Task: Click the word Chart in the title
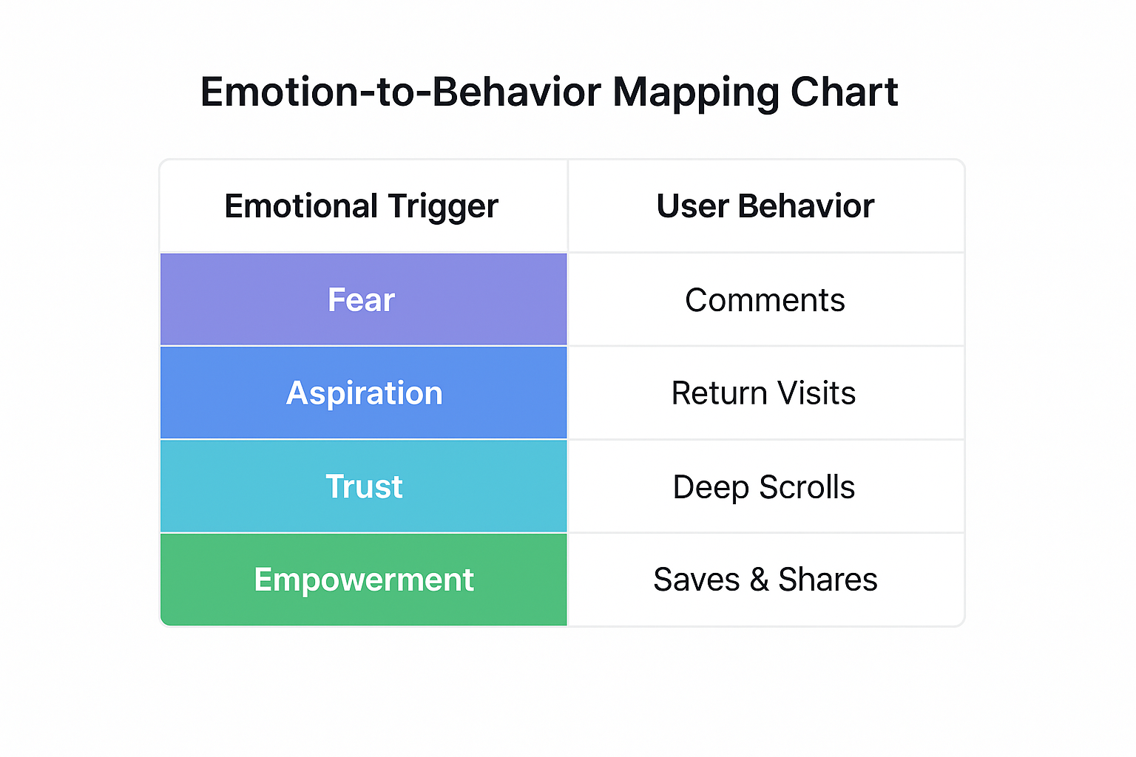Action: click(x=844, y=92)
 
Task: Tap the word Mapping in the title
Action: click(x=696, y=92)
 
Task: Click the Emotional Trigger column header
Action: click(x=362, y=206)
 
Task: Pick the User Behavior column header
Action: click(x=765, y=206)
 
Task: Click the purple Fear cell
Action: click(x=362, y=299)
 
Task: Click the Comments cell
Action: click(x=765, y=300)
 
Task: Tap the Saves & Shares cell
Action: click(x=765, y=580)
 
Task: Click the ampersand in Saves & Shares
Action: click(x=759, y=580)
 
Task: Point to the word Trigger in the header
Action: click(x=443, y=207)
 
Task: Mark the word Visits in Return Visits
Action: click(x=816, y=393)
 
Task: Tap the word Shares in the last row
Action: click(x=828, y=580)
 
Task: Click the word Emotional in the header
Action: click(x=301, y=206)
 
